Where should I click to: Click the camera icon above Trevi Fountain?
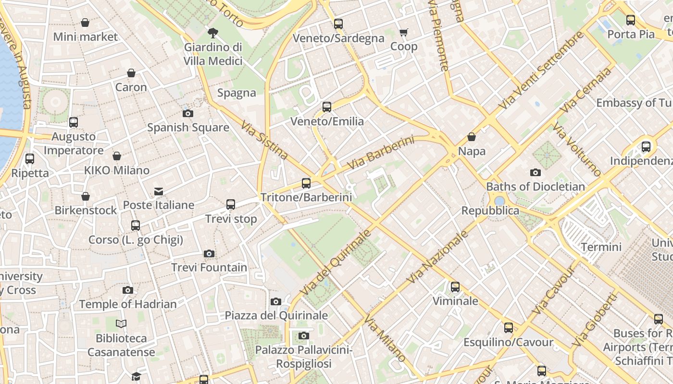pyautogui.click(x=209, y=253)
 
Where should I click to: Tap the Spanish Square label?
pyautogui.click(x=188, y=128)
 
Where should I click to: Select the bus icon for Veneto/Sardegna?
pyautogui.click(x=338, y=24)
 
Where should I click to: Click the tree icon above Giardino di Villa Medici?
pyautogui.click(x=213, y=33)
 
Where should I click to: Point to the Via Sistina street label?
pyautogui.click(x=264, y=140)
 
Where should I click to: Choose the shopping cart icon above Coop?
pyautogui.click(x=404, y=33)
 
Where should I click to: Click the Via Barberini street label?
pyautogui.click(x=380, y=153)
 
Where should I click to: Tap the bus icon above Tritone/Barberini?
pyautogui.click(x=306, y=183)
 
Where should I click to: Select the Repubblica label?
pyautogui.click(x=490, y=211)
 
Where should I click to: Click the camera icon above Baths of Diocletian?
pyautogui.click(x=536, y=173)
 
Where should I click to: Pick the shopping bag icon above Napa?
pyautogui.click(x=472, y=137)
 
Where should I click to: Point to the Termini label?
pyautogui.click(x=601, y=247)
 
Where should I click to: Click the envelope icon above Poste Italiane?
pyautogui.click(x=159, y=192)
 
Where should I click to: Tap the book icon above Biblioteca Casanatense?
pyautogui.click(x=121, y=324)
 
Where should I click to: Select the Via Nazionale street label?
pyautogui.click(x=437, y=257)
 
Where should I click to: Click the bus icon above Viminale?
pyautogui.click(x=455, y=287)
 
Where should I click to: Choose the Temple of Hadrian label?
pyautogui.click(x=128, y=304)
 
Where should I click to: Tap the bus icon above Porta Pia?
pyautogui.click(x=631, y=20)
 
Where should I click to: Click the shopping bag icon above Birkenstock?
pyautogui.click(x=86, y=196)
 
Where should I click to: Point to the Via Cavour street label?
pyautogui.click(x=554, y=290)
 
